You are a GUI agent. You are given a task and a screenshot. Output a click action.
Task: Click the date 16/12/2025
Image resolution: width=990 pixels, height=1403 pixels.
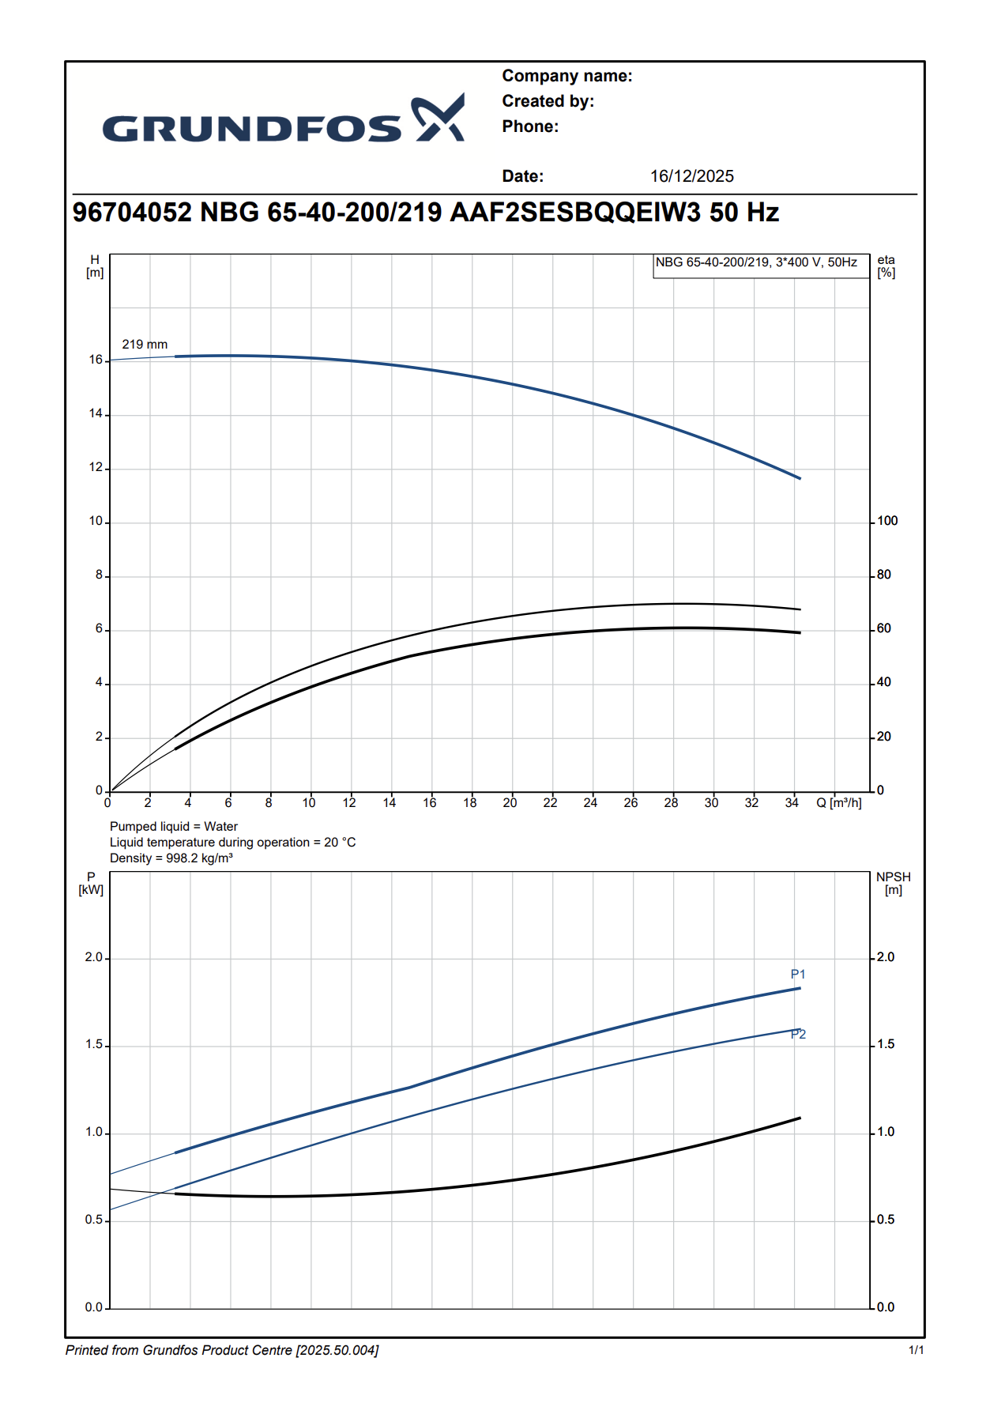pyautogui.click(x=691, y=176)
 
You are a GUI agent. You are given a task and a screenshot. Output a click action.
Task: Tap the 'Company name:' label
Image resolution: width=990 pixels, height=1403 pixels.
pyautogui.click(x=567, y=76)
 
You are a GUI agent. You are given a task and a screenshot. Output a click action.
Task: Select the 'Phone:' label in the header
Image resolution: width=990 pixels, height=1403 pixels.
pyautogui.click(x=529, y=126)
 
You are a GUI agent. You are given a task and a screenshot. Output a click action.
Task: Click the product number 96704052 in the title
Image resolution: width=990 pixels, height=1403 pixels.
pyautogui.click(x=132, y=213)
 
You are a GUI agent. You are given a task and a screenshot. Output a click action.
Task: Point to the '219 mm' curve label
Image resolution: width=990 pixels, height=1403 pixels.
pyautogui.click(x=145, y=345)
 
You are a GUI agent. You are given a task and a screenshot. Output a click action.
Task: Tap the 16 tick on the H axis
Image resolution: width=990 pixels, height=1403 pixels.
pyautogui.click(x=96, y=360)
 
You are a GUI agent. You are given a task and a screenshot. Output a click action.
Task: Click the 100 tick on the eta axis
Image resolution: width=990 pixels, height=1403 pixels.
pyautogui.click(x=887, y=521)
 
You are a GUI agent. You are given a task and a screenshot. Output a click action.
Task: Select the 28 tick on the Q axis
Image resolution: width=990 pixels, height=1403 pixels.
pyautogui.click(x=671, y=803)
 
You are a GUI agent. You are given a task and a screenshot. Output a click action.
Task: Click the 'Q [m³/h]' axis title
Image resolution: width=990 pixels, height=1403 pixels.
pyautogui.click(x=838, y=803)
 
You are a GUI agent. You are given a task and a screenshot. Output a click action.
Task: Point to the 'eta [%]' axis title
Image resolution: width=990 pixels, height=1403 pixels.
pyautogui.click(x=886, y=266)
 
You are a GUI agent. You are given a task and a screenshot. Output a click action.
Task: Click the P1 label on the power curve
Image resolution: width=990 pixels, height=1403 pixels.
pyautogui.click(x=798, y=975)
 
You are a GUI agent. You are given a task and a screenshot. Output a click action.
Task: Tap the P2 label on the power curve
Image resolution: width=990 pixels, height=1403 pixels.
pyautogui.click(x=799, y=1035)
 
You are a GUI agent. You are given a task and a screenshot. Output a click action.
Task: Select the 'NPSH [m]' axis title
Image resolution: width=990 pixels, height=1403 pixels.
pyautogui.click(x=893, y=884)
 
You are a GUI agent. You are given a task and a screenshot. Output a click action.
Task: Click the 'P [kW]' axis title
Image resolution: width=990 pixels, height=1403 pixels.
pyautogui.click(x=91, y=884)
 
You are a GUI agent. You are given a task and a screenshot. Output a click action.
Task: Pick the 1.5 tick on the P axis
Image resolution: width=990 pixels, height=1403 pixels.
pyautogui.click(x=94, y=1045)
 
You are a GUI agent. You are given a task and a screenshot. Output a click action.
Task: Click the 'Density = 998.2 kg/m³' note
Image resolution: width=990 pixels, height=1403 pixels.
pyautogui.click(x=171, y=858)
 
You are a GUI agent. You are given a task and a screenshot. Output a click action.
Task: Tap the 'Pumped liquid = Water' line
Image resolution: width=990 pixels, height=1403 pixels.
pyautogui.click(x=173, y=827)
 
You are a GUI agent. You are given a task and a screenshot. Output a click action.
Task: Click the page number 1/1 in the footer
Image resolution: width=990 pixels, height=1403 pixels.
pyautogui.click(x=916, y=1350)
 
